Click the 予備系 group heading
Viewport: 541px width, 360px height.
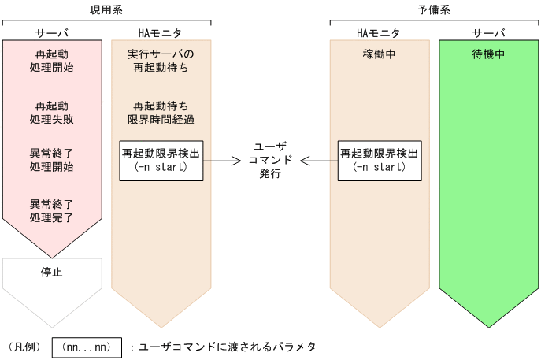pyautogui.click(x=435, y=9)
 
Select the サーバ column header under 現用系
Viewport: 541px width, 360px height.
pyautogui.click(x=52, y=33)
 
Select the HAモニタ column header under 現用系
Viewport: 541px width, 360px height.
pyautogui.click(x=161, y=33)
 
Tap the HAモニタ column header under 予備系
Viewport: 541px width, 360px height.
pyautogui.click(x=379, y=33)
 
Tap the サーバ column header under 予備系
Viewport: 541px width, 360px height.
pyautogui.click(x=488, y=33)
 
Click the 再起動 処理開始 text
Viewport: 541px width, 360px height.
pyautogui.click(x=52, y=61)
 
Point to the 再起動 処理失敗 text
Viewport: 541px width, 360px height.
pyautogui.click(x=52, y=112)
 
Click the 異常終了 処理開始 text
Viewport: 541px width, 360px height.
pyautogui.click(x=52, y=160)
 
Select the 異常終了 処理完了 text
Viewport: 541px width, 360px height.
pyautogui.click(x=52, y=210)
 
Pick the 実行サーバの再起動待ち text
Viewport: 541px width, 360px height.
pyautogui.click(x=161, y=61)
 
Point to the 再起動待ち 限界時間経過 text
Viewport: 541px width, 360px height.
pyautogui.click(x=161, y=112)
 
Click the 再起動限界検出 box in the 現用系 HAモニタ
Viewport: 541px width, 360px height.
pyautogui.click(x=161, y=161)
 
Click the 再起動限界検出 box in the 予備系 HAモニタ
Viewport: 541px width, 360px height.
pyautogui.click(x=379, y=161)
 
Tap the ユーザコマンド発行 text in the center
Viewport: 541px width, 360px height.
pyautogui.click(x=270, y=161)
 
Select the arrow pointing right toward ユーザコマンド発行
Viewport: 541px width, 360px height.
pyautogui.click(x=222, y=161)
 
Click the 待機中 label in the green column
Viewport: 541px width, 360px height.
pyautogui.click(x=488, y=55)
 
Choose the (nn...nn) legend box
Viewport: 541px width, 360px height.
pyautogui.click(x=87, y=347)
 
